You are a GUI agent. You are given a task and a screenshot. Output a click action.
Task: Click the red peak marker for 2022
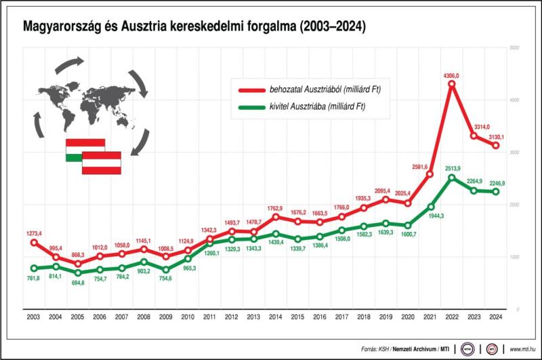[452, 84]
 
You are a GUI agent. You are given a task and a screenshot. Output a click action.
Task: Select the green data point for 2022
[452, 178]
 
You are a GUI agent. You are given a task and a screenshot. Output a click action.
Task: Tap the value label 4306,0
[451, 75]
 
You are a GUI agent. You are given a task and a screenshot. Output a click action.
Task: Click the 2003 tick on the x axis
[33, 317]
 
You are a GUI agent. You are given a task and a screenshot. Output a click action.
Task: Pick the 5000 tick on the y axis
[514, 48]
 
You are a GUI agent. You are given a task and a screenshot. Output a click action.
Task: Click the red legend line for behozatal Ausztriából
[252, 89]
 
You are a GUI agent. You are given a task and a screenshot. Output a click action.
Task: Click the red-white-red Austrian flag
[102, 163]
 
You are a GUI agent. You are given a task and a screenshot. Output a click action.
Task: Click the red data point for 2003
[33, 243]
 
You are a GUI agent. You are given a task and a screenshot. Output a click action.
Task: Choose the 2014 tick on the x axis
[276, 317]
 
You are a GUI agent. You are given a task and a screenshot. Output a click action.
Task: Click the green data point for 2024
[495, 192]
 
